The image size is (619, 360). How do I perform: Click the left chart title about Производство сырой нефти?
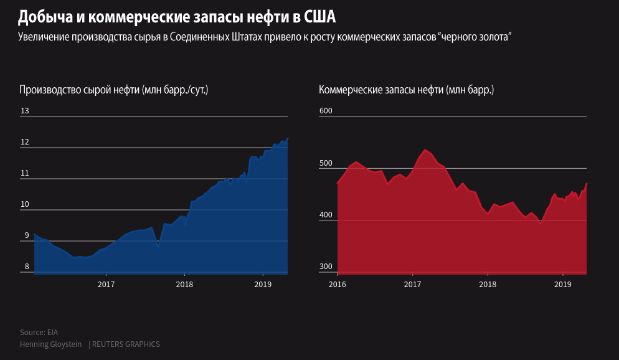pos(113,90)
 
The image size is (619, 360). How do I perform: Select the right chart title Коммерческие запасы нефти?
pos(406,90)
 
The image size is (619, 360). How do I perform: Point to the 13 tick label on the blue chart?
pos(25,111)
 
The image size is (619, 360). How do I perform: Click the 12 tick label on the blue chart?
pos(25,142)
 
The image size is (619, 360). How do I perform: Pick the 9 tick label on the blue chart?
pos(26,235)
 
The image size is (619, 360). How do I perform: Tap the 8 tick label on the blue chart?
pos(26,267)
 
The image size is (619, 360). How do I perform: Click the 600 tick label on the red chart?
pos(326,111)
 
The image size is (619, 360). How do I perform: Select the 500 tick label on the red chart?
pos(326,163)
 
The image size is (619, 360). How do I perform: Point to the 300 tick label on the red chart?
pos(326,267)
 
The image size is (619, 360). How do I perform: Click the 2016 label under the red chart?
pos(337,284)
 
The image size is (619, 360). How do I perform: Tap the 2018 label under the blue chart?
pos(184,284)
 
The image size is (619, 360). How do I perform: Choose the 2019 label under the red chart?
pos(562,284)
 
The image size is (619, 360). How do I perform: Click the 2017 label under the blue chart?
pos(106,284)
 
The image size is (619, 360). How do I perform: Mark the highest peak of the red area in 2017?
pos(425,149)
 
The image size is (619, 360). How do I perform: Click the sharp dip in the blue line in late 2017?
pos(158,248)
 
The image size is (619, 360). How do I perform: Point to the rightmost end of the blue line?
pos(288,138)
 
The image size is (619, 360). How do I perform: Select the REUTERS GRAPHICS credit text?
pos(125,344)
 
